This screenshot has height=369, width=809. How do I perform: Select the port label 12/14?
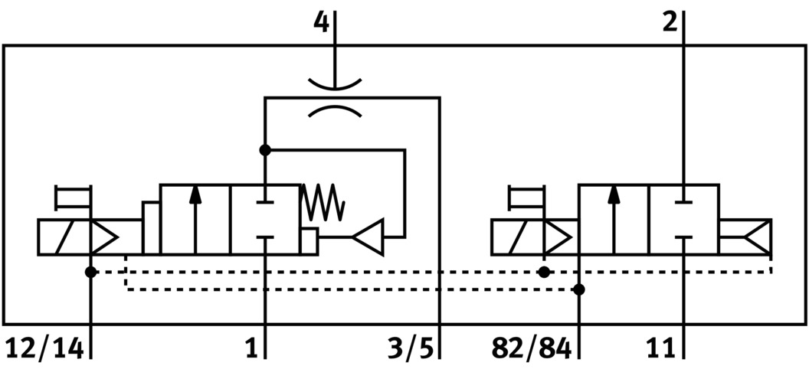(x=44, y=348)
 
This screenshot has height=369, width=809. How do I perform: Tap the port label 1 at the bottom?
(x=251, y=348)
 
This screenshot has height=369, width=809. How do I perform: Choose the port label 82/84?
(x=531, y=348)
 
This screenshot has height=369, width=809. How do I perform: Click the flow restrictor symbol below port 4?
(x=335, y=97)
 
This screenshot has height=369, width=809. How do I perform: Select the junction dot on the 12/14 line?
(x=91, y=272)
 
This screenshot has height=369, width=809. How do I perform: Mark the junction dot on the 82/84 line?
(x=579, y=289)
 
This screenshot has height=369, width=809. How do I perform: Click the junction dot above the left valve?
(x=265, y=150)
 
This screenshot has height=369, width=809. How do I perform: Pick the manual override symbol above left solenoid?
(x=74, y=197)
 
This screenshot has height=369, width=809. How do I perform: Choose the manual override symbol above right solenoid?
(x=526, y=197)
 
